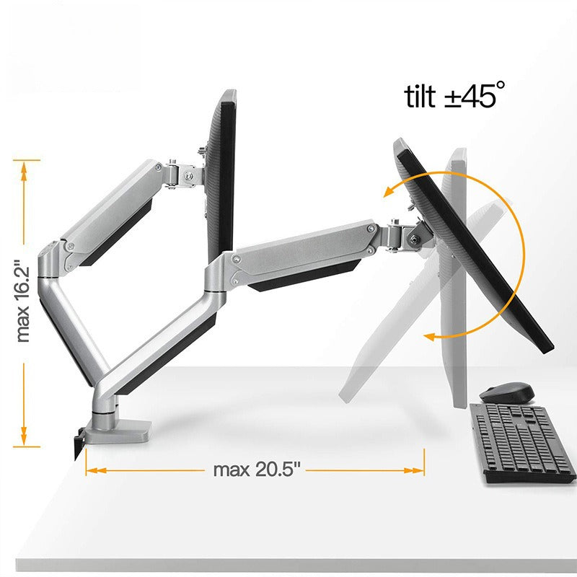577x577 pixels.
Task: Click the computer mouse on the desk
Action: [507, 393]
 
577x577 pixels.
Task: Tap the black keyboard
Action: [522, 443]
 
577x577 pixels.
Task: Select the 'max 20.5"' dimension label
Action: [257, 470]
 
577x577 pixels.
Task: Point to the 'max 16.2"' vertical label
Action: [23, 301]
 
